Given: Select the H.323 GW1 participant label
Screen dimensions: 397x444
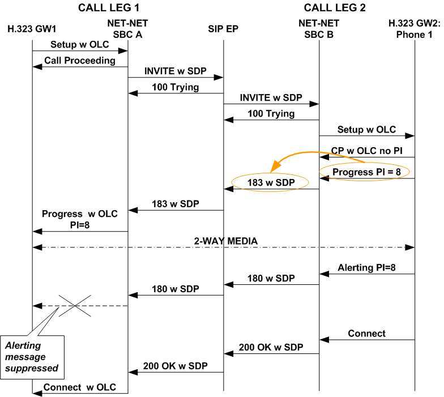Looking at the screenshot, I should (x=32, y=28).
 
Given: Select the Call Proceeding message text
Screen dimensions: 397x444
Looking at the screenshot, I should (x=80, y=60).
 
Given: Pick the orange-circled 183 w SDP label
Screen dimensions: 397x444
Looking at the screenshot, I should (x=271, y=183).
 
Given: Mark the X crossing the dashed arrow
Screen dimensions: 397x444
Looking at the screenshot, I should (x=75, y=306).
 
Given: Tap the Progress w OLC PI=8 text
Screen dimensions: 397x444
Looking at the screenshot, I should (x=80, y=219).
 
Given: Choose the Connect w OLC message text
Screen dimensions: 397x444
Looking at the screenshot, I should (x=80, y=387).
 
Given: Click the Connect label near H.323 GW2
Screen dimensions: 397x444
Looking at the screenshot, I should (x=366, y=334).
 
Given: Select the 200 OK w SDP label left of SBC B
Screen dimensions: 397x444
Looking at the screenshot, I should (x=271, y=347).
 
